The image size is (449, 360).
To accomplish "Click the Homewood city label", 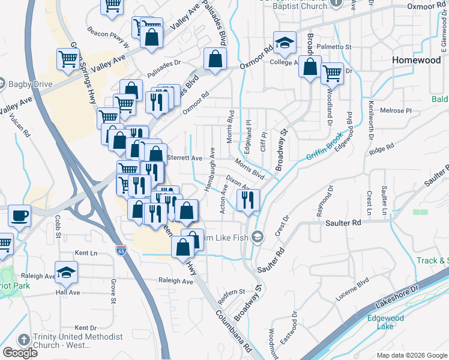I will (x=416, y=60).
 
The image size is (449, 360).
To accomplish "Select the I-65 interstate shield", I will (x=121, y=247).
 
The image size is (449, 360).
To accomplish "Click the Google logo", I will (x=20, y=353).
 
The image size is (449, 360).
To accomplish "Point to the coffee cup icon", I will (x=20, y=215).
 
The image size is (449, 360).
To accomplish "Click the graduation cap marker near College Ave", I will (x=284, y=42).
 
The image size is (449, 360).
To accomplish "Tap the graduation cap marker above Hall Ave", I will (x=66, y=272).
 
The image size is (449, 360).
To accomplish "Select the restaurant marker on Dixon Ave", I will (x=248, y=199).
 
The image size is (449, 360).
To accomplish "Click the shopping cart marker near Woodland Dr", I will (x=331, y=73).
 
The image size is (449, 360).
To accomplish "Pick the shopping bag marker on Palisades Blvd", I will (x=214, y=59).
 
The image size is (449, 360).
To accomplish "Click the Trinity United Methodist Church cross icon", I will (x=23, y=340).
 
